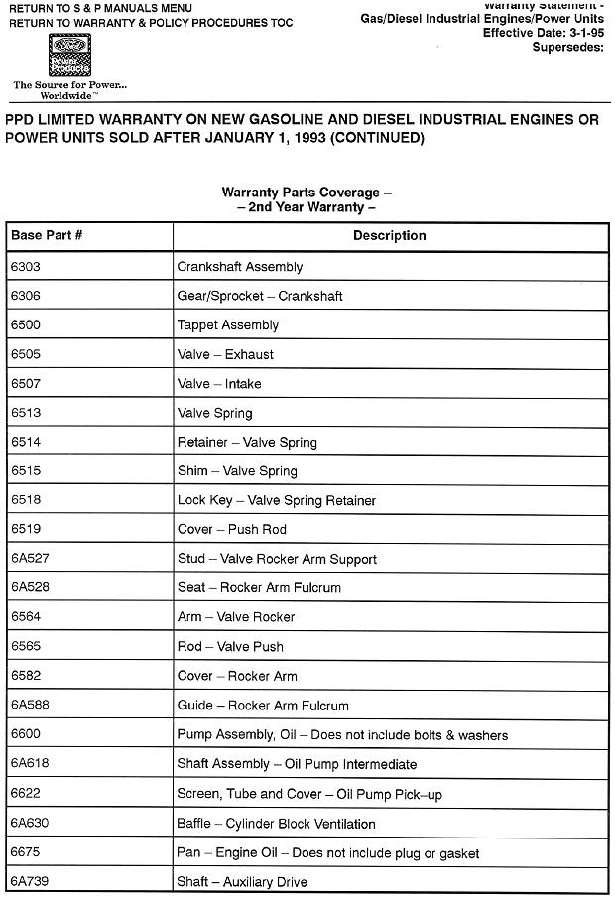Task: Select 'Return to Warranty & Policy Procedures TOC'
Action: coord(151,22)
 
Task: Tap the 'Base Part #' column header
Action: coord(46,236)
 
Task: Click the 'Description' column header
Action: coord(389,236)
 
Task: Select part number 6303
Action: coord(25,267)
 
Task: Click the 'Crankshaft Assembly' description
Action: coord(239,267)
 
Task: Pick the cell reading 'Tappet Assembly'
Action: coord(227,325)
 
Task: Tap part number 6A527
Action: coord(30,559)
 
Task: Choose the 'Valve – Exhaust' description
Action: coord(224,354)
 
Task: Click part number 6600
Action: coord(25,735)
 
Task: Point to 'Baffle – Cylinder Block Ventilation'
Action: coord(276,824)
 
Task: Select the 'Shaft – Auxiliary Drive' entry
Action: coord(241,882)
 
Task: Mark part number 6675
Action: coord(25,853)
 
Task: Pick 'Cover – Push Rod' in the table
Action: coord(231,530)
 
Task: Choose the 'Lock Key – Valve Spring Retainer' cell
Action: coord(276,501)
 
